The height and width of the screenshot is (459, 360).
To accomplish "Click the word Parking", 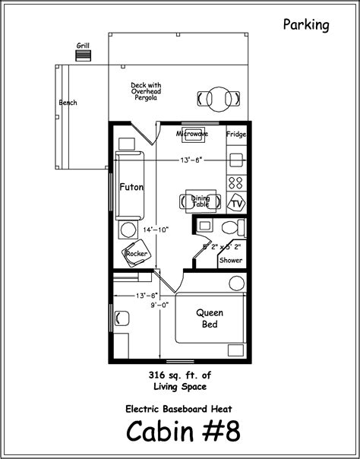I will (307, 25).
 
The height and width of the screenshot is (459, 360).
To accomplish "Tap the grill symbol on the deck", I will (83, 55).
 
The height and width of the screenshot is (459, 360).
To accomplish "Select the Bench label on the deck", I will (68, 103).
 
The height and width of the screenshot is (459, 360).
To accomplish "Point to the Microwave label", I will (192, 134).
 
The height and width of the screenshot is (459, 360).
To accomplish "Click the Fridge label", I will (236, 135).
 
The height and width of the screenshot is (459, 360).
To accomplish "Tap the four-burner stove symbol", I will (236, 182).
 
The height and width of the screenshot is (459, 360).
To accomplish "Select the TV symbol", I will (237, 204).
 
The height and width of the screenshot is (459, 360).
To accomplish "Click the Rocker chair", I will (137, 255).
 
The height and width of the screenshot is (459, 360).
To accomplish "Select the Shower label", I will (231, 260).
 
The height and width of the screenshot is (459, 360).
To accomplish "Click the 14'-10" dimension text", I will (156, 229).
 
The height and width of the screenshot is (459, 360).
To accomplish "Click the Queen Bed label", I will (210, 318).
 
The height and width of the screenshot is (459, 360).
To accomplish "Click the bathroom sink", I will (204, 226).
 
